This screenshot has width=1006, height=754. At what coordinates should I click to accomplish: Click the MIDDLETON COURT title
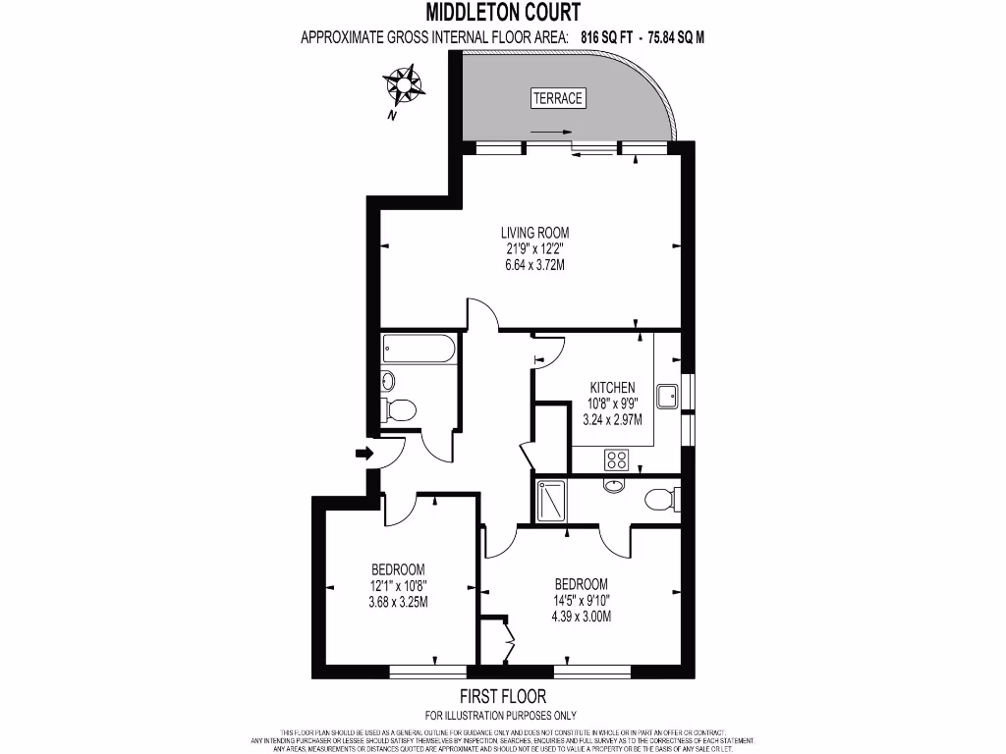pyautogui.click(x=503, y=13)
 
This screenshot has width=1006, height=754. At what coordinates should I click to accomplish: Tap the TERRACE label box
pyautogui.click(x=557, y=98)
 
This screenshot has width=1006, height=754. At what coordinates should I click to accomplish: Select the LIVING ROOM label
pyautogui.click(x=534, y=233)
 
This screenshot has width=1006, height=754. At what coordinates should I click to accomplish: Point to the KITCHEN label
pyautogui.click(x=612, y=387)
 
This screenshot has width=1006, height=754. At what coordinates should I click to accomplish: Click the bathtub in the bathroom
pyautogui.click(x=419, y=349)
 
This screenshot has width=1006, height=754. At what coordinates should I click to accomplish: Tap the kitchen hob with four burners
pyautogui.click(x=618, y=458)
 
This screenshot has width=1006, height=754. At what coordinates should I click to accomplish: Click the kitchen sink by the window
pyautogui.click(x=668, y=395)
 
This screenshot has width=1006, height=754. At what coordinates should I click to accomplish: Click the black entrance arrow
pyautogui.click(x=363, y=454)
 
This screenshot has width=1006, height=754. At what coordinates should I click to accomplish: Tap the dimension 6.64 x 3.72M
pyautogui.click(x=534, y=266)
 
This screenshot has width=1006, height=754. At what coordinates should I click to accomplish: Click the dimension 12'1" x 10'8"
pyautogui.click(x=398, y=586)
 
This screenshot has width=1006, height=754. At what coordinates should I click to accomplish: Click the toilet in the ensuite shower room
pyautogui.click(x=660, y=499)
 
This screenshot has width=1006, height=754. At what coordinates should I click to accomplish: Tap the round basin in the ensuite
pyautogui.click(x=615, y=485)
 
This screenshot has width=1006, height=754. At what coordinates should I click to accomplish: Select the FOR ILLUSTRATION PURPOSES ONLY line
pyautogui.click(x=501, y=715)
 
